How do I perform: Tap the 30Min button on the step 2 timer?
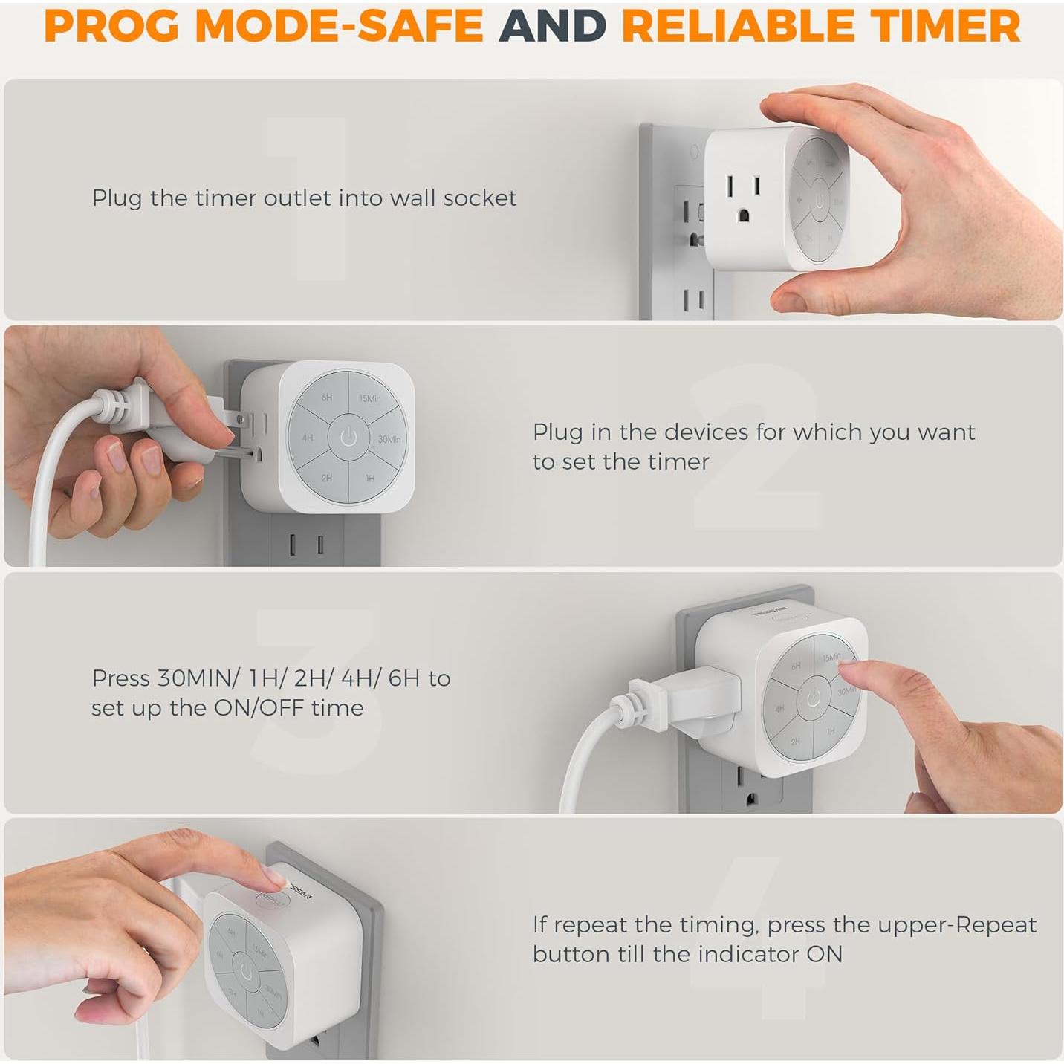coord(388,439)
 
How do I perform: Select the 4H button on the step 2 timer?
coord(308,438)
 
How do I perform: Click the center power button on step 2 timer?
coord(348,438)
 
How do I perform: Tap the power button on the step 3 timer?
coord(814,698)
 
